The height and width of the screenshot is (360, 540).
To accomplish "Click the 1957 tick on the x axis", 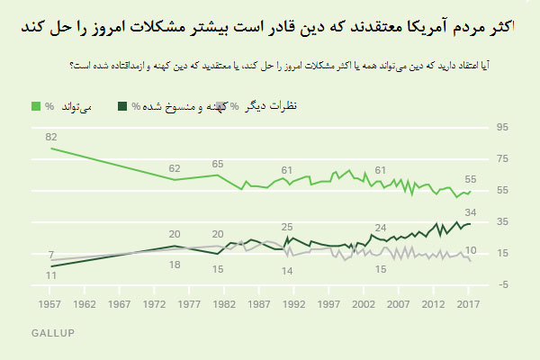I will pos(51,304).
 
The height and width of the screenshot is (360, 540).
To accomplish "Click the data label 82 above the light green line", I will pos(51,136).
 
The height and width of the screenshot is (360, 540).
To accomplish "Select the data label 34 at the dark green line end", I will pos(469,213).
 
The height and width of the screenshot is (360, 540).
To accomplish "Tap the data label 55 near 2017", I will pos(470,179).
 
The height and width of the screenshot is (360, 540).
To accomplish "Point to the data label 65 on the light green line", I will pos(217,164).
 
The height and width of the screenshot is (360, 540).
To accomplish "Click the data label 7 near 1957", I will pos(51,255).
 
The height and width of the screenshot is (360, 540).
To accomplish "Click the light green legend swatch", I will pos(36,107).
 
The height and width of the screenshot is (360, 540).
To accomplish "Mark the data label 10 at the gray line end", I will pos(470,249).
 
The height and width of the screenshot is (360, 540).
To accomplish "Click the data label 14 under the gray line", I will pos(287,271).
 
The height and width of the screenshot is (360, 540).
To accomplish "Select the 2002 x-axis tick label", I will pos(364,304).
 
